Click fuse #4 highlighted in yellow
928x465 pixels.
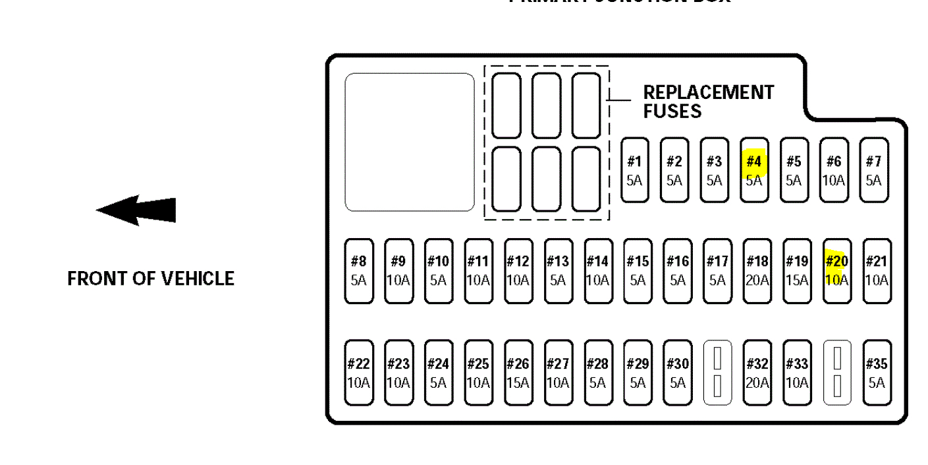(754, 170)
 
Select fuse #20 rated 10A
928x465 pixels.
(836, 270)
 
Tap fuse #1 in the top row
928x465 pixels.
(634, 170)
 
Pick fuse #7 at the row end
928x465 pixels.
(873, 170)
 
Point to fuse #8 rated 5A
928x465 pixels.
(358, 270)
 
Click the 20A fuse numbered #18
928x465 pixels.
(757, 270)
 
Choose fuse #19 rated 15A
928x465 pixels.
(797, 270)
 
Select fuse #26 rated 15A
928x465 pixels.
(518, 373)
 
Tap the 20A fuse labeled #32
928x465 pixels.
(757, 373)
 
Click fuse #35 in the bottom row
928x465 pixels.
(877, 373)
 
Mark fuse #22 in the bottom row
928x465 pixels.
(358, 373)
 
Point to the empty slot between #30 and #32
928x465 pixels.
(717, 373)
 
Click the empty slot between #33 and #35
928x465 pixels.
(837, 373)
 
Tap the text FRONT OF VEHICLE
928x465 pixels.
(151, 278)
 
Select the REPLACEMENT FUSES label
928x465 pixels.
(708, 102)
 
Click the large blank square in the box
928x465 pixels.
(410, 142)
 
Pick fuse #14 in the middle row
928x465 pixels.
(597, 270)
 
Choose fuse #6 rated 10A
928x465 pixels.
(834, 170)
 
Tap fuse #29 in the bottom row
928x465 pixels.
(638, 373)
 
